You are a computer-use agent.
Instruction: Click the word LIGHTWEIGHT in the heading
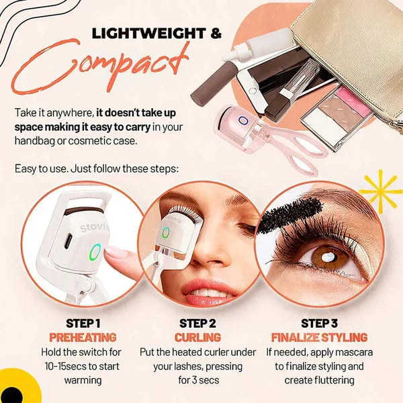149,34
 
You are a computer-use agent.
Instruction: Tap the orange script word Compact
100,68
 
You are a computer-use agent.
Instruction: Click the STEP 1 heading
83,323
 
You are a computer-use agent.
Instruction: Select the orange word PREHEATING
83,337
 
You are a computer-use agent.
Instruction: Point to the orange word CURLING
197,337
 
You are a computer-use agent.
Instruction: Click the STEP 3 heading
319,323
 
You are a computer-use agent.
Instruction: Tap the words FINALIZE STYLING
319,337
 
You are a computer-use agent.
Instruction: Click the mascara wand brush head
290,215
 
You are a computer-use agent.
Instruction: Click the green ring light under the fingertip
95,252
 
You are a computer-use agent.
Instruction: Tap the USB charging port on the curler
68,241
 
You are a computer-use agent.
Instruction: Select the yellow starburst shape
380,191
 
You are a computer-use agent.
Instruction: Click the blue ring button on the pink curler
242,120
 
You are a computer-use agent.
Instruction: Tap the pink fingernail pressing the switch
116,251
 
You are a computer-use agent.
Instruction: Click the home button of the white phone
253,91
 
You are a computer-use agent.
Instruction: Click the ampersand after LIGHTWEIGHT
216,34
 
